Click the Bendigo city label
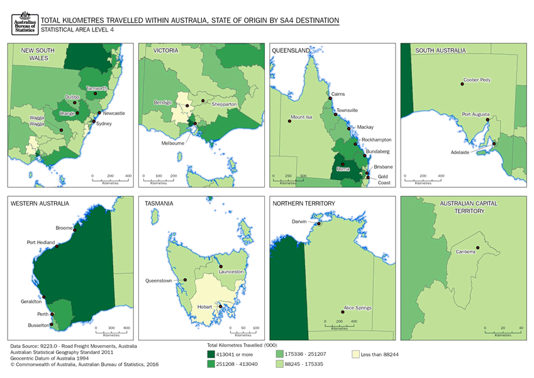pyautogui.click(x=164, y=102)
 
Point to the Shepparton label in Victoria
pyautogui.click(x=224, y=104)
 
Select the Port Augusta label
pyautogui.click(x=476, y=114)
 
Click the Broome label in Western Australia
pyautogui.click(x=64, y=228)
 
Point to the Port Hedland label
pyautogui.click(x=41, y=242)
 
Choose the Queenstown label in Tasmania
pyautogui.click(x=159, y=281)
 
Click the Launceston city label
pyautogui.click(x=231, y=271)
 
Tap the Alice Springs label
pyautogui.click(x=357, y=308)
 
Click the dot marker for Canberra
pyautogui.click(x=477, y=248)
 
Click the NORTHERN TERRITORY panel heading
pyautogui.click(x=304, y=204)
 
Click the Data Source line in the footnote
pyautogui.click(x=74, y=347)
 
